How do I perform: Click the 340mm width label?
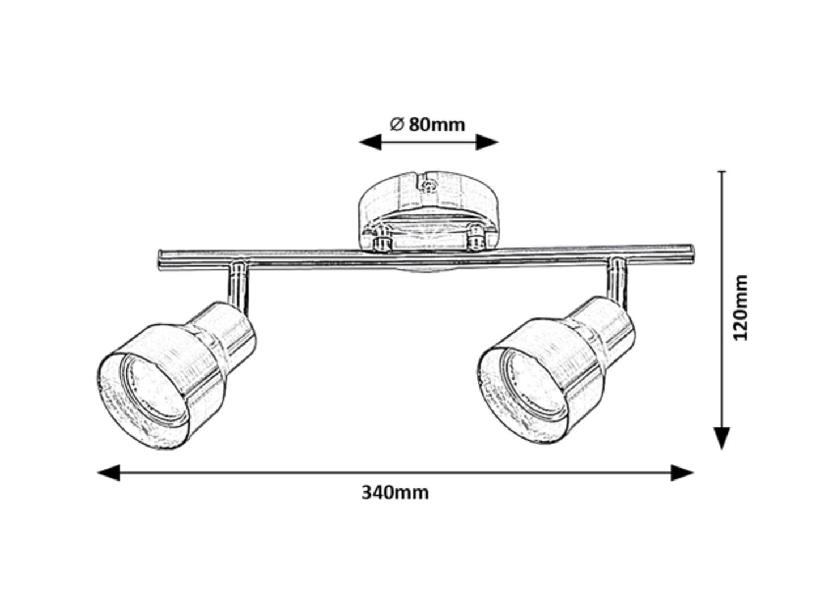tap(395, 492)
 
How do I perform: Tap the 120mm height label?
tap(740, 307)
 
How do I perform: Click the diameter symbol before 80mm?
tap(397, 124)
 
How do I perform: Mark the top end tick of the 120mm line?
tap(721, 171)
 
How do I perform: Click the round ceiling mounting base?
tap(428, 204)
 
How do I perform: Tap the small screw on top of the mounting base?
tap(429, 185)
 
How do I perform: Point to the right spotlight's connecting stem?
tap(618, 283)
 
